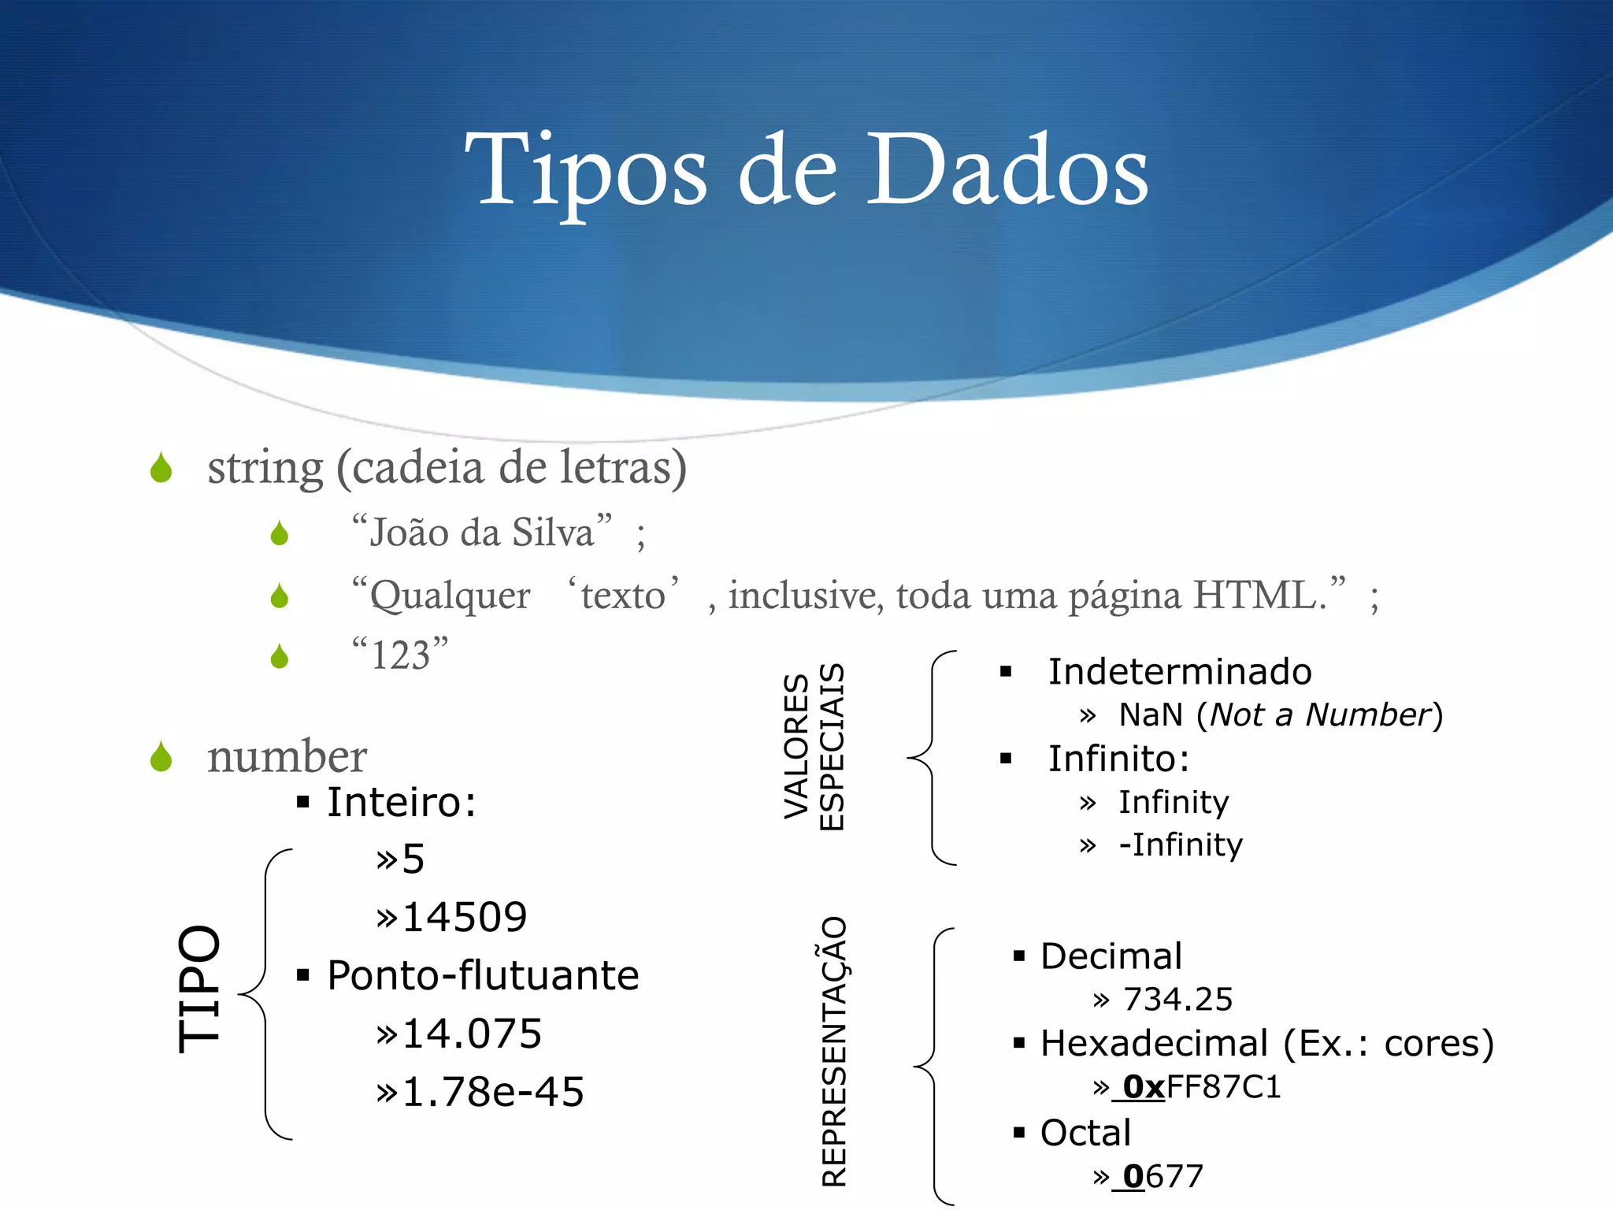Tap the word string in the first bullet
click(x=265, y=468)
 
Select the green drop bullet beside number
click(x=161, y=757)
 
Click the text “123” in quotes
click(x=400, y=654)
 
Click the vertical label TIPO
click(x=199, y=989)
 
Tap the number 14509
click(x=464, y=917)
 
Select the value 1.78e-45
click(x=492, y=1092)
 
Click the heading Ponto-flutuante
click(x=483, y=975)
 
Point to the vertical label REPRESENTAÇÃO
click(x=834, y=1052)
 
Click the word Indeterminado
click(x=1180, y=672)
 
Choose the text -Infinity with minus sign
click(x=1181, y=845)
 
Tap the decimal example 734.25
click(x=1177, y=1000)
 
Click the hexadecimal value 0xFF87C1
click(x=1202, y=1087)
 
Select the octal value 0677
click(x=1163, y=1177)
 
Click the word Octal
click(x=1085, y=1133)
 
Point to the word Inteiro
click(x=399, y=803)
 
